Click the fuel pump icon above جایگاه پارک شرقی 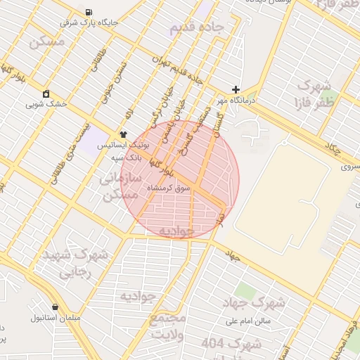[87, 12]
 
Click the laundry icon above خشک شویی [46, 94]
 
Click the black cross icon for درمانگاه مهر [236, 90]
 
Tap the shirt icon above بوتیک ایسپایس [124, 134]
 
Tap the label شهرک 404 [232, 344]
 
